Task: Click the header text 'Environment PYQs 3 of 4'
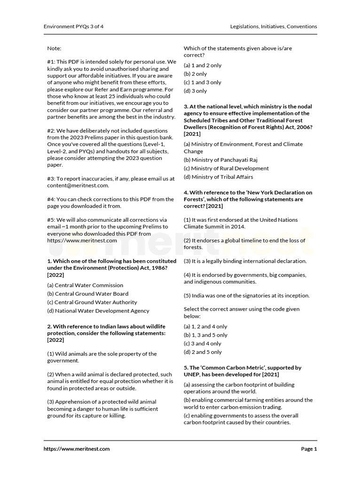73,26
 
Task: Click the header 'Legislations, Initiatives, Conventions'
274,26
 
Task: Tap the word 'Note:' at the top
54,48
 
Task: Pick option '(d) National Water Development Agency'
98,311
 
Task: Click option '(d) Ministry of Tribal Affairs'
218,177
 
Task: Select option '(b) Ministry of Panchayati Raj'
220,160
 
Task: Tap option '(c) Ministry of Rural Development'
226,169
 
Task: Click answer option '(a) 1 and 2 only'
203,65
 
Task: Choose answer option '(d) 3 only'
195,91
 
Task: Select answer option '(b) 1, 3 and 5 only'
205,335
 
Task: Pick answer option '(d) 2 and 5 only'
203,352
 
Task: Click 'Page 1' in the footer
309,449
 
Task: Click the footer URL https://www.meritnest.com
77,449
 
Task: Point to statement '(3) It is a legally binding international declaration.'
245,261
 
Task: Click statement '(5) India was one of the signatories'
246,296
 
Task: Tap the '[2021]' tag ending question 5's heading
271,374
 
